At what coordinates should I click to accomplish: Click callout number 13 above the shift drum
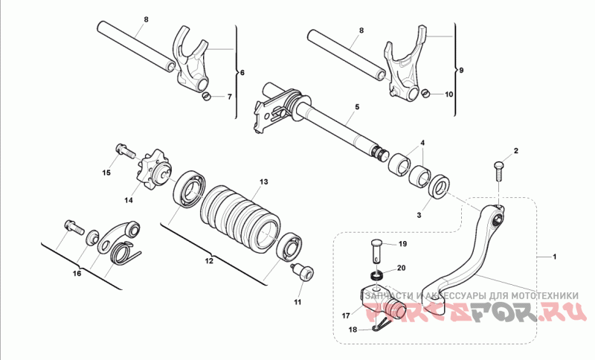tap(263, 181)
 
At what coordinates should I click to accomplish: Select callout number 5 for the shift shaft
tap(356, 107)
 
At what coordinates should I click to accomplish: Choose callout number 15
tap(106, 173)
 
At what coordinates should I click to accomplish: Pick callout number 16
tap(77, 273)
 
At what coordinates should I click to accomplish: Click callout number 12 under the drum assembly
tap(209, 261)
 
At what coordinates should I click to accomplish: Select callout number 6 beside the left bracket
tap(240, 73)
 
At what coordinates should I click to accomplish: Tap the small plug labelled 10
tap(426, 93)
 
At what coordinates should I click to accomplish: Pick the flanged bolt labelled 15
tap(124, 152)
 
